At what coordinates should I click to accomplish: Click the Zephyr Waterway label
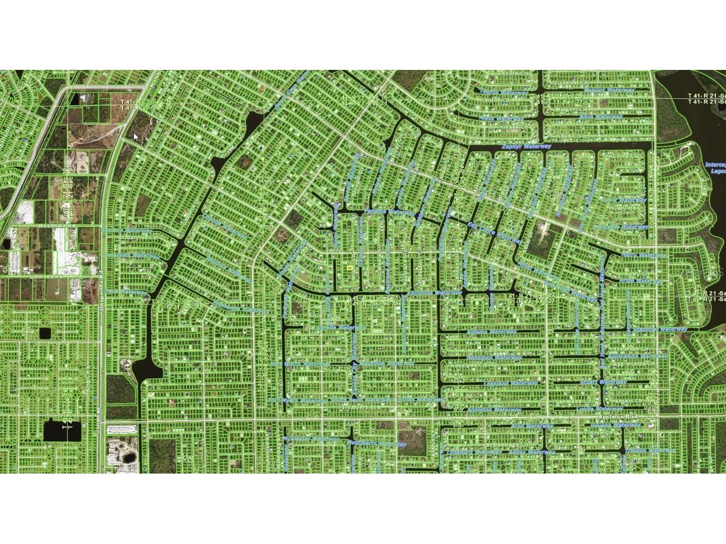click(x=526, y=147)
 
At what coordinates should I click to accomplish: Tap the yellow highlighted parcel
click(x=350, y=268)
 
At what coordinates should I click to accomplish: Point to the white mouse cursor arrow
click(x=136, y=137)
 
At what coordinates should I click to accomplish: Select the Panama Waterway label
click(x=382, y=212)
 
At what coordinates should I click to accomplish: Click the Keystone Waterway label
click(x=434, y=293)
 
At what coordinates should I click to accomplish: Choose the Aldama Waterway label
click(x=492, y=332)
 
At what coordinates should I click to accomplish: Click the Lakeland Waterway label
click(x=510, y=384)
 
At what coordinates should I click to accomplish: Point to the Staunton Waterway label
click(x=660, y=330)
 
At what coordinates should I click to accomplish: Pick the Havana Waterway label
click(x=616, y=425)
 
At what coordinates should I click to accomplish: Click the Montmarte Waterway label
click(x=376, y=444)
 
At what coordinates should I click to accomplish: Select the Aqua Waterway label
click(x=600, y=117)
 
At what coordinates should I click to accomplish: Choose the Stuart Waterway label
click(x=603, y=382)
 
